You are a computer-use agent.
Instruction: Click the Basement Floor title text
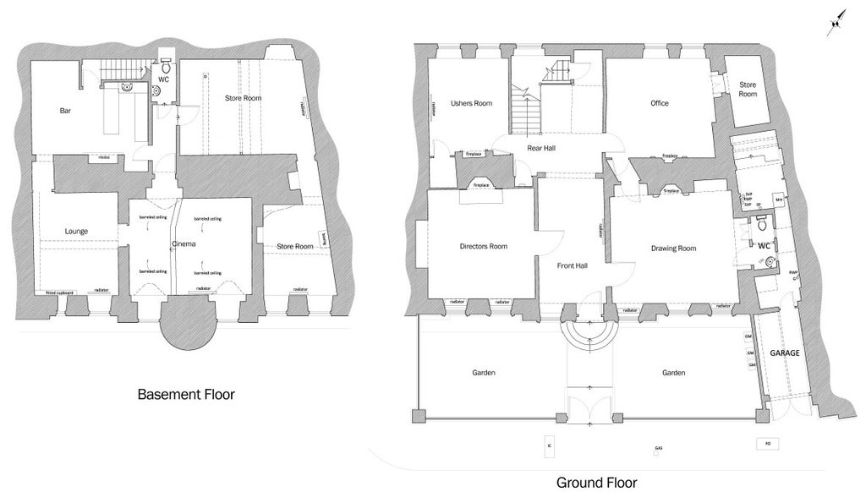(185, 394)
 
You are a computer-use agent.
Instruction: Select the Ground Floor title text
(595, 483)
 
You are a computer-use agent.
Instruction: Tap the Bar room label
(64, 111)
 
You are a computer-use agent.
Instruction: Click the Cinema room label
(184, 244)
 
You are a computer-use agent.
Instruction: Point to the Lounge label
(76, 231)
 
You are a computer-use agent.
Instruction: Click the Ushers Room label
(471, 103)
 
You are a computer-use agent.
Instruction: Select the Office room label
(659, 103)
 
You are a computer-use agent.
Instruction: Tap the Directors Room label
(483, 246)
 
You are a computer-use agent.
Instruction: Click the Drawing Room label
(673, 249)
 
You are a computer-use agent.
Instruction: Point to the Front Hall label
(572, 265)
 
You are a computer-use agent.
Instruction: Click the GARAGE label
(785, 352)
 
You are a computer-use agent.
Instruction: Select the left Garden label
(483, 372)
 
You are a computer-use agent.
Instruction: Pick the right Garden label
(673, 372)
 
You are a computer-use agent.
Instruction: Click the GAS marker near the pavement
(658, 447)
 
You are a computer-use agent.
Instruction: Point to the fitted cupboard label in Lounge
(59, 292)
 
